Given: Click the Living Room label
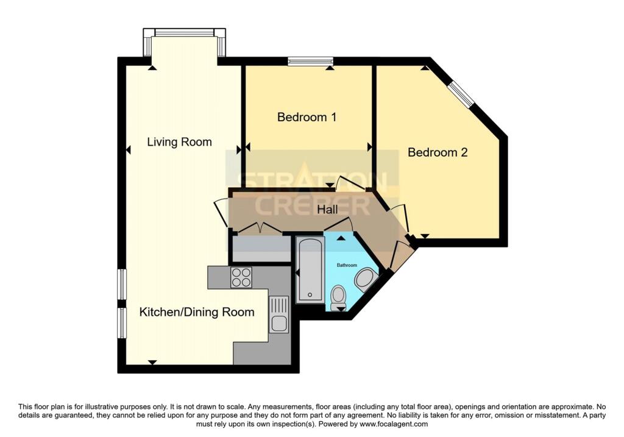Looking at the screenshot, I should click(179, 142).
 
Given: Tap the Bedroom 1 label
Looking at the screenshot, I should click(307, 116).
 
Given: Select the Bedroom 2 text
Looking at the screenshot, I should click(438, 152).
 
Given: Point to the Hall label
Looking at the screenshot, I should click(328, 210).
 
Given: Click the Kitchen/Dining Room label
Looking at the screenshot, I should click(197, 312).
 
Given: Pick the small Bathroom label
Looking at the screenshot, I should click(347, 265).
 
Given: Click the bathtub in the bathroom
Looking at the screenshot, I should click(310, 270).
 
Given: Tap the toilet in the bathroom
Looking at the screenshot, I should click(338, 297).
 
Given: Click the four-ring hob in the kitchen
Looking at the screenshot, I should click(241, 277).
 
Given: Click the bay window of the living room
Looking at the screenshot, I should click(183, 33).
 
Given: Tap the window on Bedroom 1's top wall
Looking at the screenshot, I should click(311, 60).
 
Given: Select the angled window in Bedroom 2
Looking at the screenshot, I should click(461, 94).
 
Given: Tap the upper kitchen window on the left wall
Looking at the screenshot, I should click(122, 283).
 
